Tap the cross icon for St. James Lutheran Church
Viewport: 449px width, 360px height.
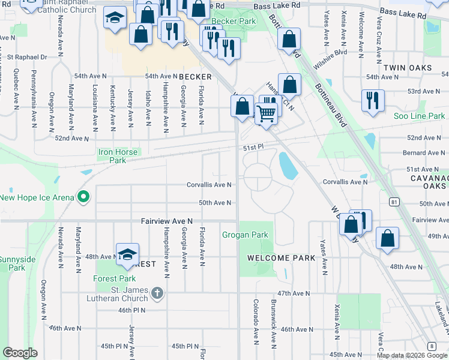pos(157,293)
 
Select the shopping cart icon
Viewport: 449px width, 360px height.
pos(266,112)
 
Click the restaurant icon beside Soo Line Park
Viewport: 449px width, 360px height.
pos(373,100)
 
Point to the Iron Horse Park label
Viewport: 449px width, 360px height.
pos(121,156)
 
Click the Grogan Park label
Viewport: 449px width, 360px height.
pos(245,235)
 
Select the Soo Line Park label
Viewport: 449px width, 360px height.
pos(420,116)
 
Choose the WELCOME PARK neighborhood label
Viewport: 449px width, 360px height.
pos(282,258)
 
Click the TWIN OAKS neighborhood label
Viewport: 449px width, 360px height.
pos(408,68)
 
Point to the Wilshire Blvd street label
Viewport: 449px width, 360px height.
pos(333,52)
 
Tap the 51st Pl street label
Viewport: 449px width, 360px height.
pos(253,147)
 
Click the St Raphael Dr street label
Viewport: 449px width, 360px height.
pos(27,58)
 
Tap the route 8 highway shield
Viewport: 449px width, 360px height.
pos(432,346)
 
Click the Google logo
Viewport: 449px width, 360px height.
pos(20,353)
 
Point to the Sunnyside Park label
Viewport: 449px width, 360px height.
pos(13,263)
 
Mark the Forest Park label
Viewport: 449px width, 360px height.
pos(114,278)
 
